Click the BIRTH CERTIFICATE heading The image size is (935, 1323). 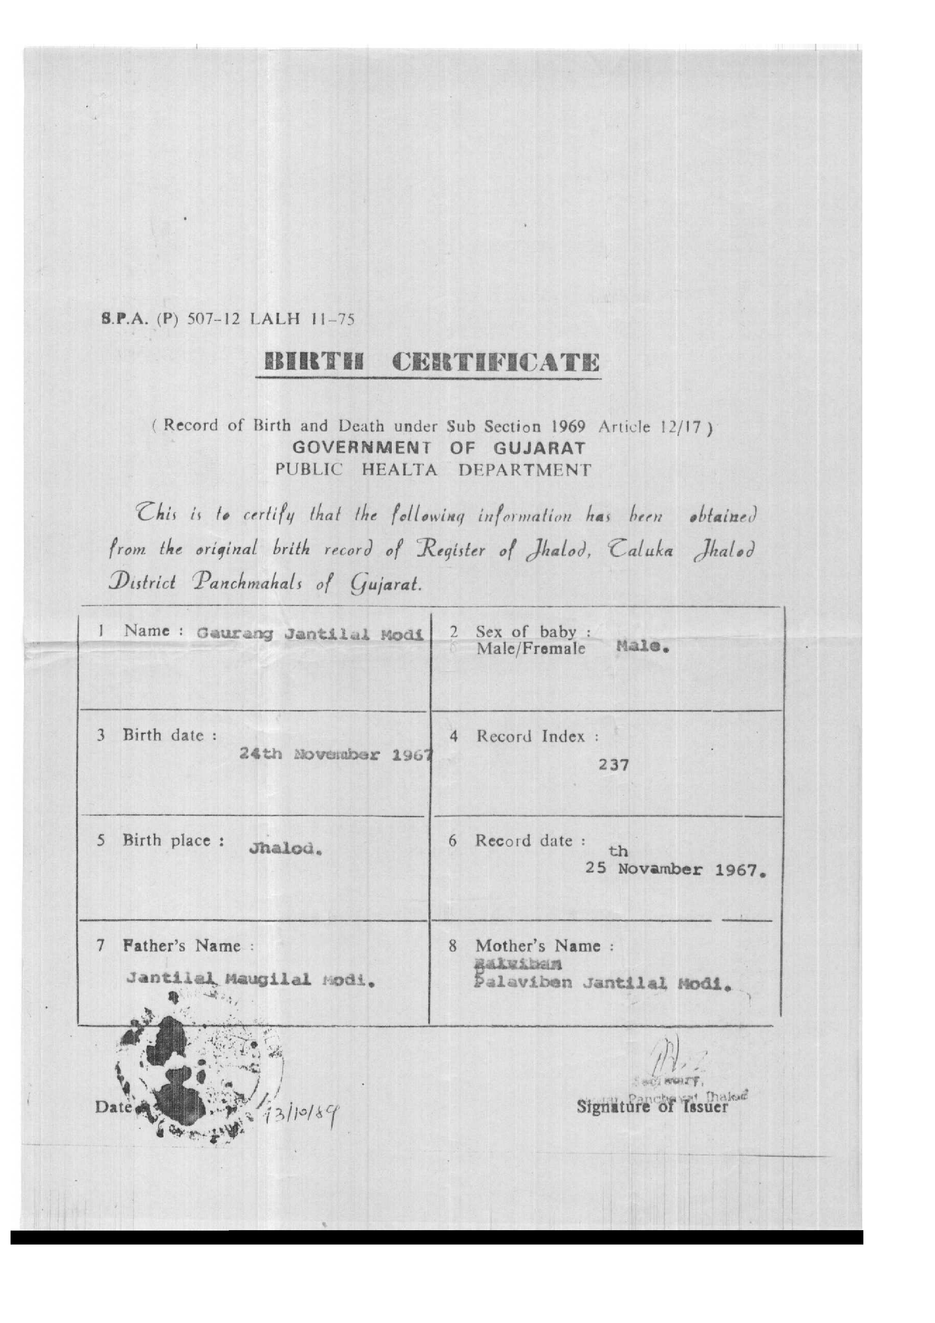tap(432, 363)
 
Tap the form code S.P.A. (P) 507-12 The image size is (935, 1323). tap(170, 319)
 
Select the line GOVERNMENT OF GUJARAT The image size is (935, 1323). tap(439, 448)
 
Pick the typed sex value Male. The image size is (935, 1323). tap(642, 647)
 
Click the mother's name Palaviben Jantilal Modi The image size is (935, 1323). tap(602, 983)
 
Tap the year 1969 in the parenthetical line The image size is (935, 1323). tap(568, 427)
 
